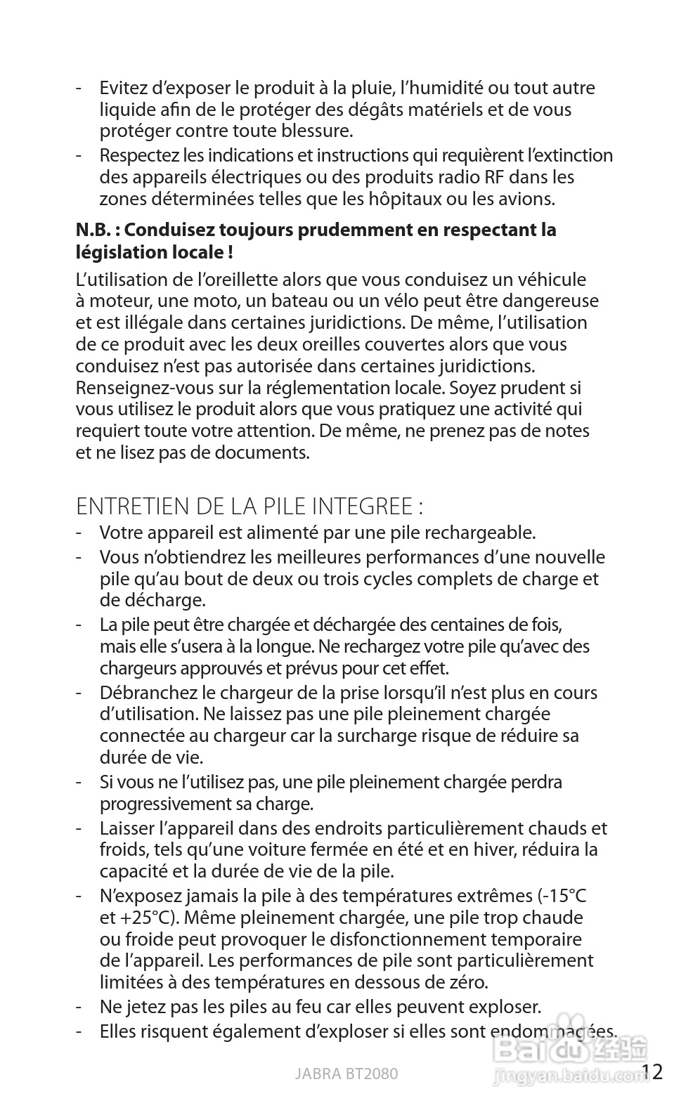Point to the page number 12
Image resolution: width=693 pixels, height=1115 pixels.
coord(652,1071)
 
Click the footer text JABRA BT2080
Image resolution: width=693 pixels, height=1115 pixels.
coord(346,1074)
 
